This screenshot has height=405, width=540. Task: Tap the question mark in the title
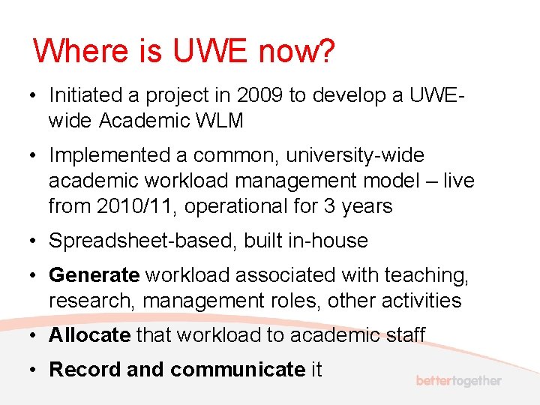click(326, 52)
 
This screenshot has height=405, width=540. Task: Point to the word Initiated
click(85, 95)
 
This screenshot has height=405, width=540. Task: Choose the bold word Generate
click(94, 276)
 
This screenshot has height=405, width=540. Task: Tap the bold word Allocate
click(89, 335)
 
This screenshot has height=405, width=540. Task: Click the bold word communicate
click(237, 370)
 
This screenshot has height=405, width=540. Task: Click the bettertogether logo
click(458, 381)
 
